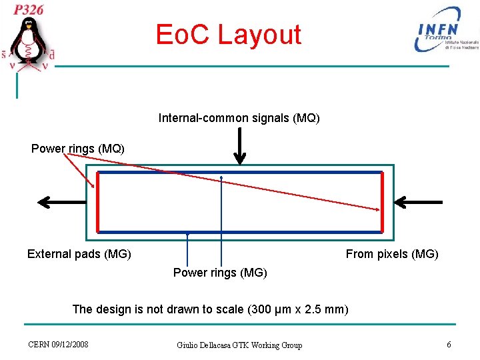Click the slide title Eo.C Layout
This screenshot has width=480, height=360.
point(229,35)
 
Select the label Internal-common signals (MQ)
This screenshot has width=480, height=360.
point(239,118)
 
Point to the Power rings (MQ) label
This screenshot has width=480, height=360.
point(77,148)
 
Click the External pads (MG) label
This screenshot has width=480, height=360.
point(79,253)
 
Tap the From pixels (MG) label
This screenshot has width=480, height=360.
point(391,253)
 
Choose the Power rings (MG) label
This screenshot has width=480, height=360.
point(220,272)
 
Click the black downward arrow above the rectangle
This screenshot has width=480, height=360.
point(240,146)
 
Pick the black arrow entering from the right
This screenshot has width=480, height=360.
point(419,202)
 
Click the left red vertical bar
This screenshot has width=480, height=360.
point(97,202)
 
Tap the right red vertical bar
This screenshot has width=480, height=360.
point(382,202)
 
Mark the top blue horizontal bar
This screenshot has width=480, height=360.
point(240,173)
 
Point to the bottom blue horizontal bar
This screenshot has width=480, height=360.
point(240,232)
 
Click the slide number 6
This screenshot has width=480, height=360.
point(449,344)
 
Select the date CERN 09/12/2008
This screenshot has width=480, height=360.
point(58,344)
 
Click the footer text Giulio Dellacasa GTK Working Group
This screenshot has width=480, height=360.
point(239,345)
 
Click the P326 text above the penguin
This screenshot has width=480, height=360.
point(30,9)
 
